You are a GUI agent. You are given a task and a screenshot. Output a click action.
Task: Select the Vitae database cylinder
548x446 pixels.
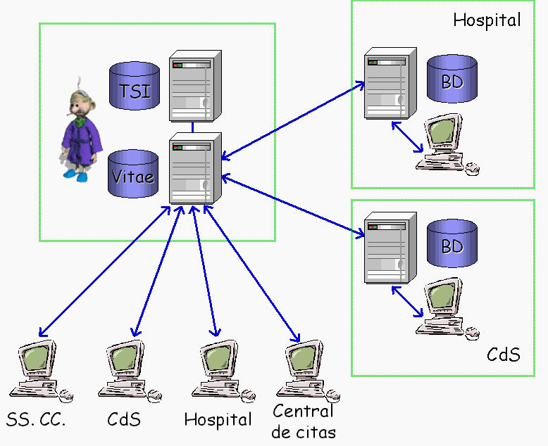point(135,176)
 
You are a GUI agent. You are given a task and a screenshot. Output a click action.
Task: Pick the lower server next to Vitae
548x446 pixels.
point(192,169)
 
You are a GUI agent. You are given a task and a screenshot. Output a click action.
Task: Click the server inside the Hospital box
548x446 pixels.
point(385,86)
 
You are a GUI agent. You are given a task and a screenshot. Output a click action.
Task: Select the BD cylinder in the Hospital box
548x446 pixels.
point(452,79)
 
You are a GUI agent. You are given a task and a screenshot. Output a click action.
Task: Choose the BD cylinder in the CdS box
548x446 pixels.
point(452,243)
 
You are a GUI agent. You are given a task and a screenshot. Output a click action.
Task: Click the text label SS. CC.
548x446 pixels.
point(36,421)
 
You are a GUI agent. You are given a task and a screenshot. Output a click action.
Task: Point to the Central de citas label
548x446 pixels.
point(304,421)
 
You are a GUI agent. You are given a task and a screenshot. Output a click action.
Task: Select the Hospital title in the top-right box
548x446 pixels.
point(487,20)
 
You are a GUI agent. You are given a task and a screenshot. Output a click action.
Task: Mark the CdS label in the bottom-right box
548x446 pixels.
point(503,354)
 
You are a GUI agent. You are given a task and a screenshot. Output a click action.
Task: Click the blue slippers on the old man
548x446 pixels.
point(75,173)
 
